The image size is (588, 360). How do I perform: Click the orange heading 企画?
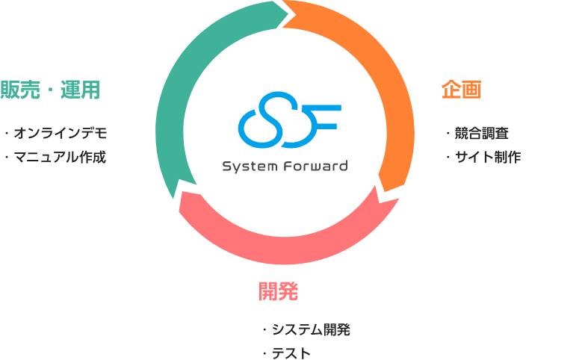pos(461,90)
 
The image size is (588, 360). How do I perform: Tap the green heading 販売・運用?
pos(50,90)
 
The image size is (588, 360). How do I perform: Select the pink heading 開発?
pos(278,291)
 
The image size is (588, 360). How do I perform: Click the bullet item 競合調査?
pos(481,133)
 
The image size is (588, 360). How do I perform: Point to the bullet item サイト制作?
pos(487,157)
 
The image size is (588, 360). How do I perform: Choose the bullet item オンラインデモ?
pos(61,133)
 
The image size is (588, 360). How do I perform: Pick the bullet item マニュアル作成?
pos(60,157)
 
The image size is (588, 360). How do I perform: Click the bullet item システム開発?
pos(311,329)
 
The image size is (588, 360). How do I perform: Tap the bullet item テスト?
pos(291,353)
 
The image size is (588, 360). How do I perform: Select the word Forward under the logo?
pos(316,166)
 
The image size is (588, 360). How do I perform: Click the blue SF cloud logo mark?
pos(289,120)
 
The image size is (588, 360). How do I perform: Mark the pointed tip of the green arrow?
pos(288,14)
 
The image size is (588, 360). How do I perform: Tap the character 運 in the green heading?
pos(69,90)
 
